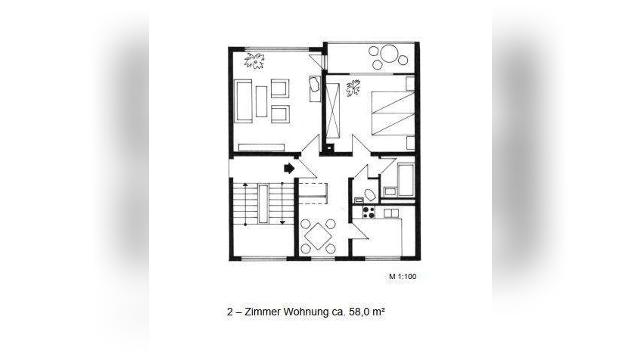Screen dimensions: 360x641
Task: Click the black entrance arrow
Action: click(289, 169)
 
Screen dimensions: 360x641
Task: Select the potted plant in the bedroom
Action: click(353, 90)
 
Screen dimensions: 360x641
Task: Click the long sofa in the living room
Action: click(243, 100)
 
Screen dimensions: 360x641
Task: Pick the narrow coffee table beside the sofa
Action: click(262, 101)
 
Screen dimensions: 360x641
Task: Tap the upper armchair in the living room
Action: click(279, 88)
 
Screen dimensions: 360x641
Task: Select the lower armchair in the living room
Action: click(279, 115)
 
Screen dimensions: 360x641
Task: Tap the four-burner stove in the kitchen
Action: click(369, 213)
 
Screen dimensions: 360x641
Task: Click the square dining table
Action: click(318, 234)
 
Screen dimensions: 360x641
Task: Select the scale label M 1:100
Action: click(403, 277)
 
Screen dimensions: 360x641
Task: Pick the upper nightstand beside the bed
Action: click(409, 84)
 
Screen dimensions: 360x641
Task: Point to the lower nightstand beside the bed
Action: click(409, 141)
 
